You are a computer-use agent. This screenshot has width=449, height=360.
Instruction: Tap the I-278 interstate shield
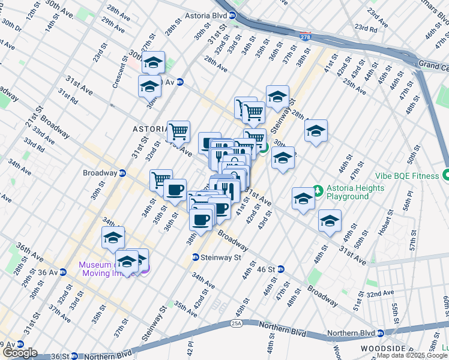point(306,37)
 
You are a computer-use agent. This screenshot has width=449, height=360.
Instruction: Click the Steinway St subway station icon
point(196,257)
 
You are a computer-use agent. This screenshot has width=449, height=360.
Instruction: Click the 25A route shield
point(236,323)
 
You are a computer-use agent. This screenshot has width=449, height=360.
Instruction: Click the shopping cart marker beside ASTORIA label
point(178,131)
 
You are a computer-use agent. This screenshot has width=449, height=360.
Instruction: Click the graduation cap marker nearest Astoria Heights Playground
point(304,199)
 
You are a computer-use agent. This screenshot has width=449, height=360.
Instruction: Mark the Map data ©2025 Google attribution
point(412,355)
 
